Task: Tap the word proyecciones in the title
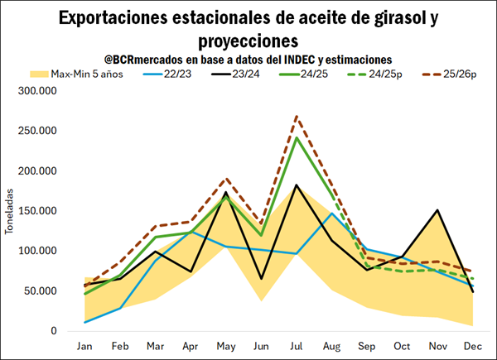tap(248, 40)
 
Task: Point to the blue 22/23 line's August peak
tap(332, 214)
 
